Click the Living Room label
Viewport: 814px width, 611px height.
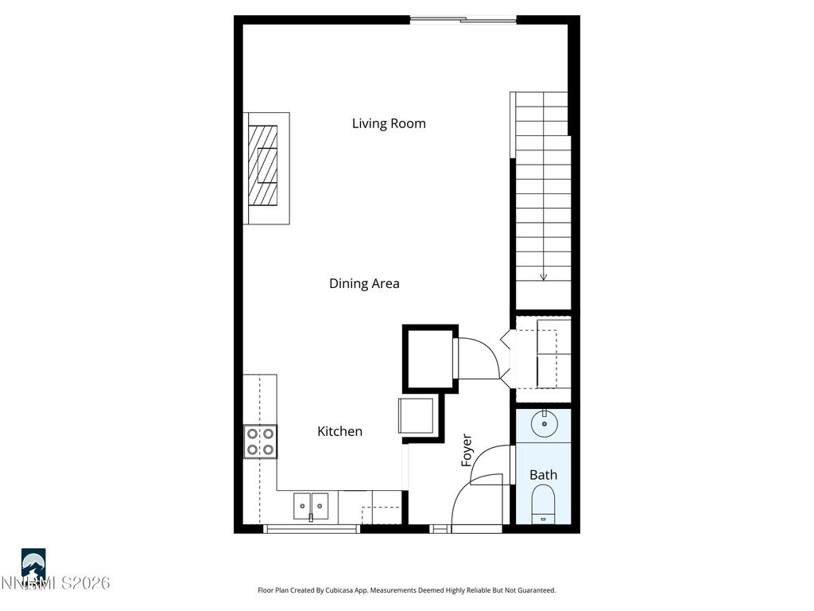click(389, 123)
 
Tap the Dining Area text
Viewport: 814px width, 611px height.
click(364, 283)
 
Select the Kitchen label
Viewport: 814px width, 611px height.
click(339, 431)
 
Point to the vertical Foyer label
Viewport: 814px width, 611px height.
click(467, 449)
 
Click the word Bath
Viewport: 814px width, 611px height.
click(543, 475)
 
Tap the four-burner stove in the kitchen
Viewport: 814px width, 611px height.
click(260, 442)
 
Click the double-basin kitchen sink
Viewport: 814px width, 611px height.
click(311, 504)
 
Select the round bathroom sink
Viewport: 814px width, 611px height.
click(544, 423)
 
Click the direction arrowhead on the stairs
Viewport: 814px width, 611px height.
click(544, 277)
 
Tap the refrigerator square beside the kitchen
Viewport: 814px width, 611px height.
click(416, 415)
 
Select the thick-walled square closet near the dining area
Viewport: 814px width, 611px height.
click(429, 358)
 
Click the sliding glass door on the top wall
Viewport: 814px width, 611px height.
click(463, 20)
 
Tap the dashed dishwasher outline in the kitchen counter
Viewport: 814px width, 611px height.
click(382, 513)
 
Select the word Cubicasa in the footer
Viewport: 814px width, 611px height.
click(355, 590)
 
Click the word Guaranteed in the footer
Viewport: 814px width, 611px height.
click(533, 590)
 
